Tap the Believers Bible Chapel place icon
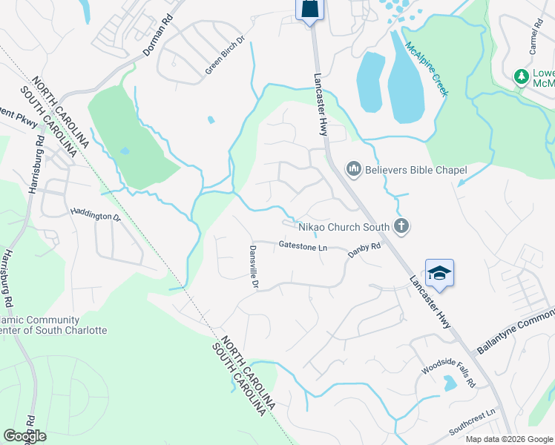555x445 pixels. pyautogui.click(x=353, y=171)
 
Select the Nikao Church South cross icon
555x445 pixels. pyautogui.click(x=401, y=226)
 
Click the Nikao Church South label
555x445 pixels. pyautogui.click(x=344, y=227)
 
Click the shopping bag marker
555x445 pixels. pyautogui.click(x=309, y=9)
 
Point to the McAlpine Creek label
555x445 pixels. pyautogui.click(x=427, y=69)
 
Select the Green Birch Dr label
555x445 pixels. pyautogui.click(x=225, y=55)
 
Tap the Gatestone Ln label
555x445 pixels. pyautogui.click(x=303, y=245)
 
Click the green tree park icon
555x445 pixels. pyautogui.click(x=522, y=76)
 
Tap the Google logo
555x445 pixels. pyautogui.click(x=24, y=436)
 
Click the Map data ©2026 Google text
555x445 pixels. pyautogui.click(x=508, y=439)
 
